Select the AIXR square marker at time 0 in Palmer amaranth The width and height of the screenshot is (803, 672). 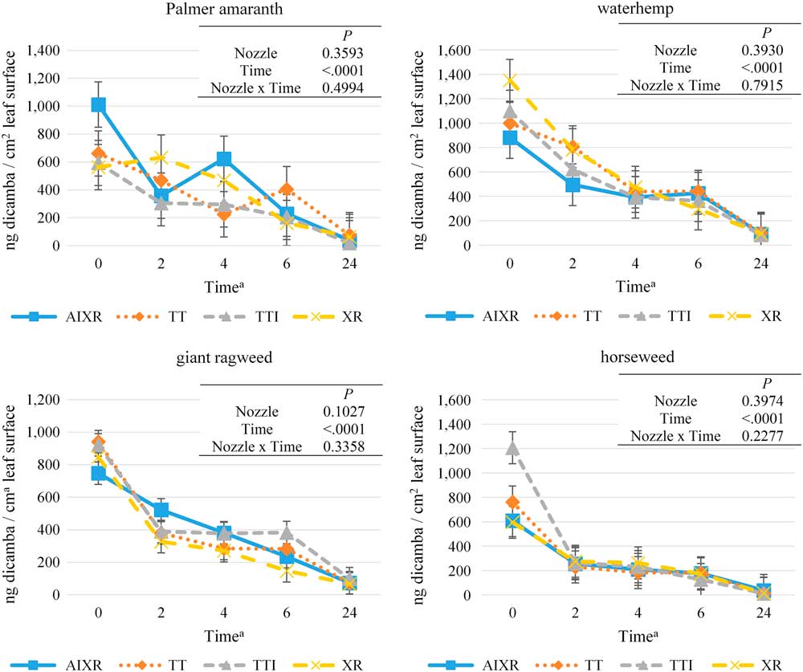pyautogui.click(x=98, y=105)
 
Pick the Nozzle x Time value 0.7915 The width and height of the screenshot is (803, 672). pyautogui.click(x=743, y=86)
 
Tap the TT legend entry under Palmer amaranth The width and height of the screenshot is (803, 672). pyautogui.click(x=173, y=316)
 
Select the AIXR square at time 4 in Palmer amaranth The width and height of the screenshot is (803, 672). pyautogui.click(x=223, y=159)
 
